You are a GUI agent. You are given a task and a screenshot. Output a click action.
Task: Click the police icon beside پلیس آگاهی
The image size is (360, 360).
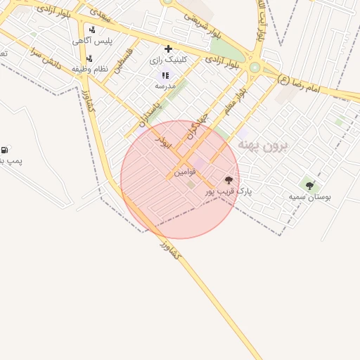tap(92, 30)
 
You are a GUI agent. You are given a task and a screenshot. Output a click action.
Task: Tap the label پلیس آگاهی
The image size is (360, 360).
tap(91, 41)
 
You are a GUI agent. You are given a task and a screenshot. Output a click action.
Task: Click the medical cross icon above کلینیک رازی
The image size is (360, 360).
tap(168, 49)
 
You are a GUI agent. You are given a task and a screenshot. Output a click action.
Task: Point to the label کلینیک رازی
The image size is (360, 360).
tap(169, 60)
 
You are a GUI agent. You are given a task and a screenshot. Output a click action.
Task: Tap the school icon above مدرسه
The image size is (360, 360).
tap(165, 75)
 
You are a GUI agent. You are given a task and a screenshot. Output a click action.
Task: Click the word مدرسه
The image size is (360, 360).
tap(165, 85)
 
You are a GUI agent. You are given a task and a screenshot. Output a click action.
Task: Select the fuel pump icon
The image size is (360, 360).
tap(5, 149)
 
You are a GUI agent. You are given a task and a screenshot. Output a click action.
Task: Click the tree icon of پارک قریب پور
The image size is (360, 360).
tap(228, 180)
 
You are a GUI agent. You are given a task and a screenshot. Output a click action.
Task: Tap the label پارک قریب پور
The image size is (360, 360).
tap(229, 191)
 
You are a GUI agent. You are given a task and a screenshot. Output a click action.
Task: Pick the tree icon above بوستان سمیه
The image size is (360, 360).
tap(309, 186)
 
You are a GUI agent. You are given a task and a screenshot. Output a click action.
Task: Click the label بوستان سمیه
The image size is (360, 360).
tap(309, 197)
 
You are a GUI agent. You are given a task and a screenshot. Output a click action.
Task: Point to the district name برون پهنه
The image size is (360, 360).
tap(268, 144)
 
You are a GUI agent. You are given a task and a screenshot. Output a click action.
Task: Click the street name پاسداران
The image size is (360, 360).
tap(150, 111)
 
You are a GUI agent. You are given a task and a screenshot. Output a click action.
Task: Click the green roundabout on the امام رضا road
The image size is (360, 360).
tap(254, 67)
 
